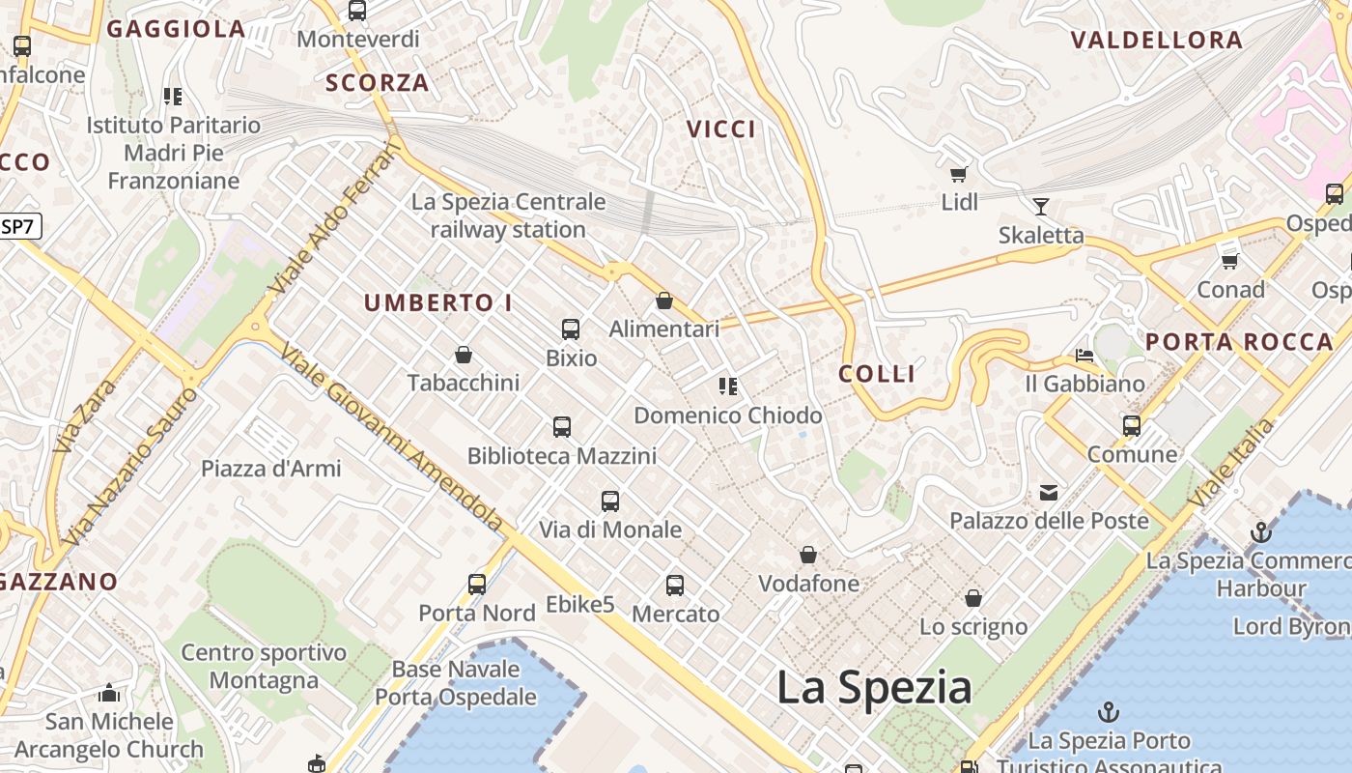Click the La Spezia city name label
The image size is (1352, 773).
click(874, 687)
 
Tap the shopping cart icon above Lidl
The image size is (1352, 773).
click(958, 175)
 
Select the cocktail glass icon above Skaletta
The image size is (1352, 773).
click(1040, 206)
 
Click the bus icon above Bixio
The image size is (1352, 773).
click(571, 329)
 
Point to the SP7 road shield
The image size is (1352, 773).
click(19, 227)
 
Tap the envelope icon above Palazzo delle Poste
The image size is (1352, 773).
click(1049, 493)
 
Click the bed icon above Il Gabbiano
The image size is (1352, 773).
click(1084, 356)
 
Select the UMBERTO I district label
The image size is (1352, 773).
click(437, 302)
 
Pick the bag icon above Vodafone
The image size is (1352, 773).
click(808, 555)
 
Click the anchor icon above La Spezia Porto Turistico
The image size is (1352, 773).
click(1108, 712)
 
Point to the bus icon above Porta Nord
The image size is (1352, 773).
click(477, 585)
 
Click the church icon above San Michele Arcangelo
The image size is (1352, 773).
click(109, 693)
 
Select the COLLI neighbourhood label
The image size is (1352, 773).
click(877, 374)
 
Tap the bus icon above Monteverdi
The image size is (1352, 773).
click(357, 12)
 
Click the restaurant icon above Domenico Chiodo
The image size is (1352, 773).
click(728, 387)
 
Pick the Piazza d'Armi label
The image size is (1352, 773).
click(270, 469)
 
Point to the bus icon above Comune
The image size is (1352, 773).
click(1132, 426)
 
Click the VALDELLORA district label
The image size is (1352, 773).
click(1156, 41)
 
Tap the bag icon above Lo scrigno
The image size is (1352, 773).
click(973, 598)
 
